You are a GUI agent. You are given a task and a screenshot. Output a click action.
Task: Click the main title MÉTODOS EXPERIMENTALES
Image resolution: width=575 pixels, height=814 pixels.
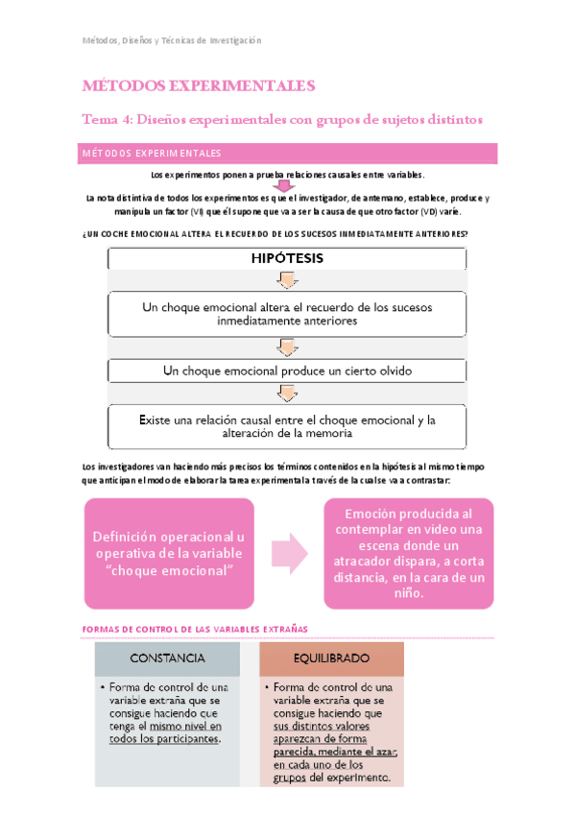click(x=200, y=86)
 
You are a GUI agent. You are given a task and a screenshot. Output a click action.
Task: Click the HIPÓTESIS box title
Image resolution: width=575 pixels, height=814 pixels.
click(x=287, y=258)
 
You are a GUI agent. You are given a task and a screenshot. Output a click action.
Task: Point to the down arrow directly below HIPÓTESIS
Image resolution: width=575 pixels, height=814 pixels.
click(x=287, y=279)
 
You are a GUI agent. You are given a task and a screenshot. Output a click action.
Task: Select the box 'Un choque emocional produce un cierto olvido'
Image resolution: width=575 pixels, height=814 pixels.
click(x=287, y=370)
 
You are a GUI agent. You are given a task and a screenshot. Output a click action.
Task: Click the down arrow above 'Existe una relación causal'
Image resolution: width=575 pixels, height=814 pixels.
click(x=287, y=392)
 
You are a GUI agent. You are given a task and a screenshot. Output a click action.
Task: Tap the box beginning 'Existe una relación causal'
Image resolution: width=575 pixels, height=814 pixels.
click(x=287, y=426)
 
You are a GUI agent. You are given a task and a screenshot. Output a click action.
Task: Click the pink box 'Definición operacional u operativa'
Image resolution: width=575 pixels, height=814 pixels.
click(x=169, y=554)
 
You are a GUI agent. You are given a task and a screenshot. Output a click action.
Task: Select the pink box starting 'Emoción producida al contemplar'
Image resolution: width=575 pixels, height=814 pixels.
click(x=408, y=554)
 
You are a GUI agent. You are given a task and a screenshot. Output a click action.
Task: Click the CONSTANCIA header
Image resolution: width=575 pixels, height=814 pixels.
click(x=167, y=658)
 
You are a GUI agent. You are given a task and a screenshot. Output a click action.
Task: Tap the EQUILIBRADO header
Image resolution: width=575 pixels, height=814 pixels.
click(x=331, y=658)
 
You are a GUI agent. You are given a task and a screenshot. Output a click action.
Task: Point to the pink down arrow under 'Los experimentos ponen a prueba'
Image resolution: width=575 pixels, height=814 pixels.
click(x=285, y=187)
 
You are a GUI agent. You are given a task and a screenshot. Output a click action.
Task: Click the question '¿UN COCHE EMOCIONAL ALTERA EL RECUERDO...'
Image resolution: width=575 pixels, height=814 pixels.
click(x=276, y=234)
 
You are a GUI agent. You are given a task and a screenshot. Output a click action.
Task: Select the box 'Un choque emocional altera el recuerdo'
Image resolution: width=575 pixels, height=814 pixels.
click(x=287, y=314)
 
